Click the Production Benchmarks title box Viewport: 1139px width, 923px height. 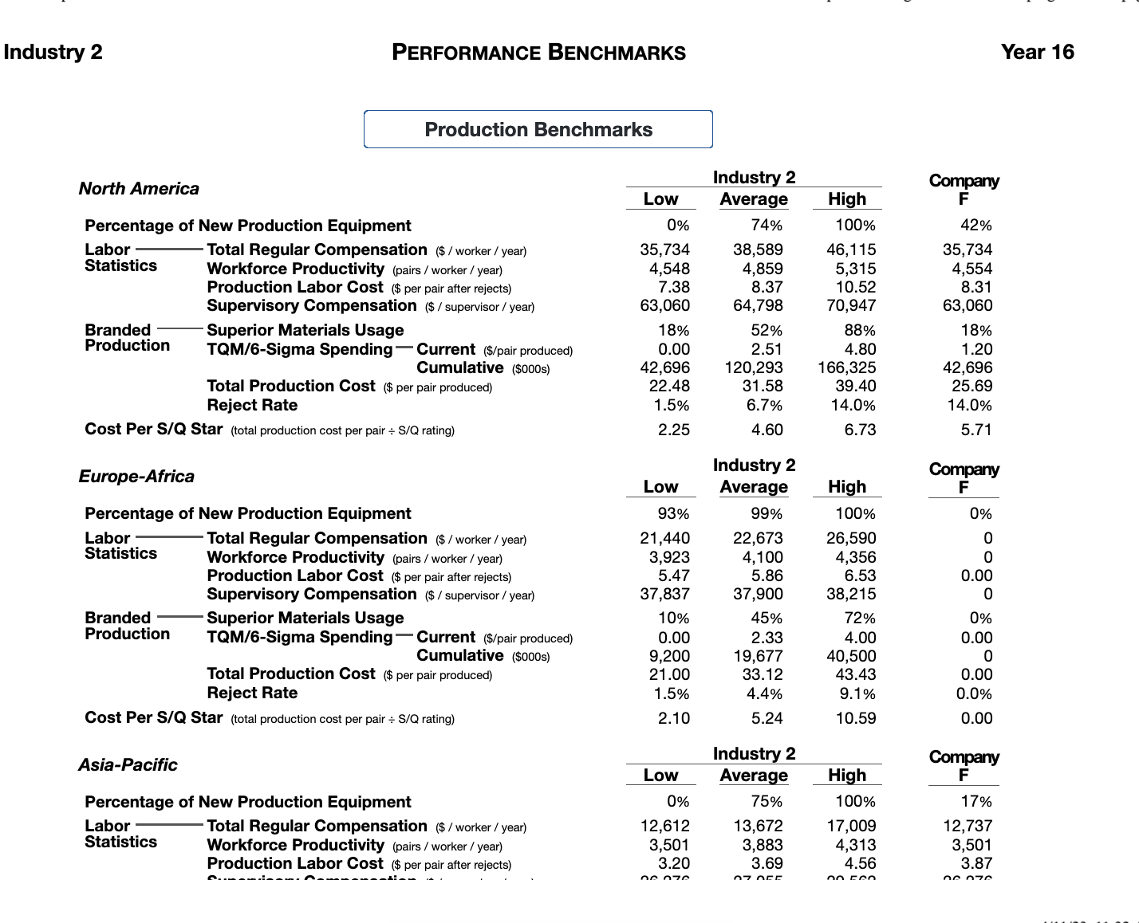coord(538,129)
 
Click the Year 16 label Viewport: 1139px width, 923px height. coord(1037,52)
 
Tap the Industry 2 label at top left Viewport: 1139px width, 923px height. coord(53,52)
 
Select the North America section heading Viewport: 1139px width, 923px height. coord(139,189)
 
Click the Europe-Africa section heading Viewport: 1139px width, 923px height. coord(136,477)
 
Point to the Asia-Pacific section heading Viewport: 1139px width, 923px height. coord(128,765)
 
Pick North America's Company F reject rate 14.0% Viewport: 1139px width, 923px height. coord(969,405)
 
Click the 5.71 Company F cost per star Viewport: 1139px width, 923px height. coord(976,430)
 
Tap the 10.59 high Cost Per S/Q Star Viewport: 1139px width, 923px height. coord(855,718)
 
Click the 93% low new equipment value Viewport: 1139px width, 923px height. coord(673,514)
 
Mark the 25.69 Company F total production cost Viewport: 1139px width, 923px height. coord(972,386)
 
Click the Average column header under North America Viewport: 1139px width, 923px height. coord(754,199)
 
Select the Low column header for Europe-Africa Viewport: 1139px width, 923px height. coord(660,487)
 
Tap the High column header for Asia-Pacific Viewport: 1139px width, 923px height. coord(846,776)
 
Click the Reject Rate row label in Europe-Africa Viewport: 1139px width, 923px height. coord(252,693)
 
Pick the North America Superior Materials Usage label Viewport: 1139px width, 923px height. coord(305,330)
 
